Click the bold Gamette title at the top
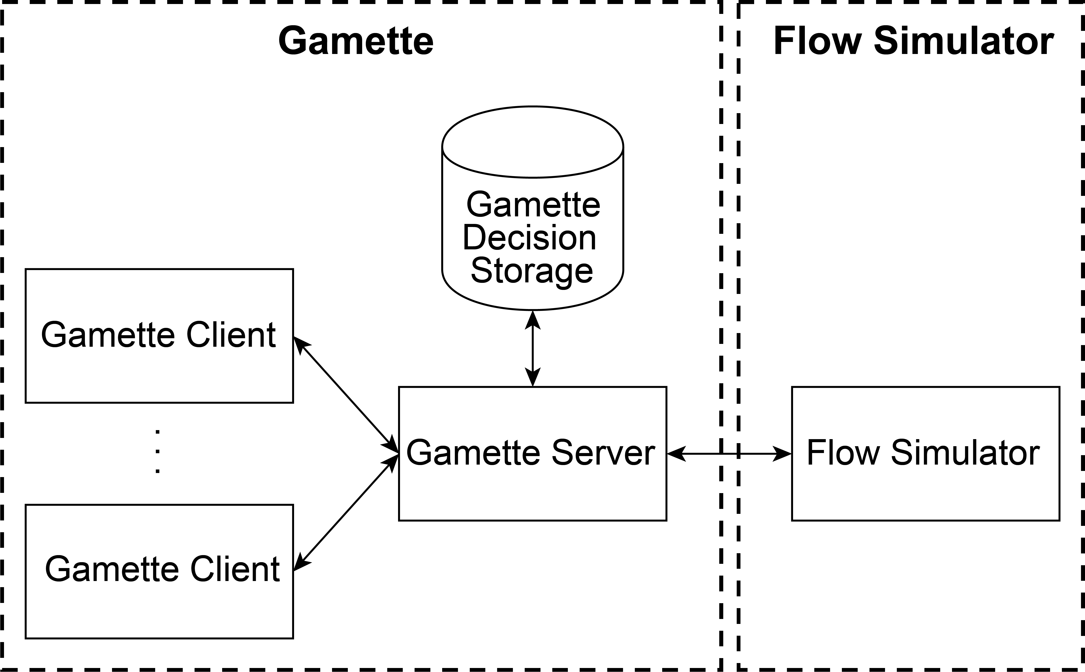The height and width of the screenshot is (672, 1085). click(356, 41)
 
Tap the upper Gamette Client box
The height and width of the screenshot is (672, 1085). click(159, 373)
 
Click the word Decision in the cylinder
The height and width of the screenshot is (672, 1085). click(529, 238)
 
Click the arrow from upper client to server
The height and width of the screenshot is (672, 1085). click(346, 394)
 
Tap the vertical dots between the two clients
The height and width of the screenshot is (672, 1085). click(158, 451)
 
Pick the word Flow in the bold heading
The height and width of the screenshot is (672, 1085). click(817, 41)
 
